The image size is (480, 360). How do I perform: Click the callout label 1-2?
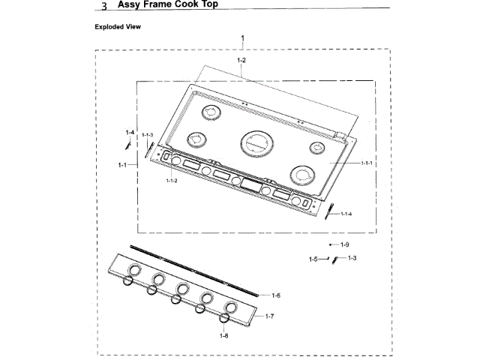241,59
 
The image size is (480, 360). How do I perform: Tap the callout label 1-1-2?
172,181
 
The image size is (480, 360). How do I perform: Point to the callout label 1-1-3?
147,134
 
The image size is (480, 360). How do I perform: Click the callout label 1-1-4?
346,214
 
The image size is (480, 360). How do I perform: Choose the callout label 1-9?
345,245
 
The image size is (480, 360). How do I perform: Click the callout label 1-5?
313,259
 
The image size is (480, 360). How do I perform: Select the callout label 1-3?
351,258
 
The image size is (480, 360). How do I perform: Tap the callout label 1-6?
276,295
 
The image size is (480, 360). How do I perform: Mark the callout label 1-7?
270,316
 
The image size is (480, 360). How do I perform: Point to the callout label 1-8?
223,336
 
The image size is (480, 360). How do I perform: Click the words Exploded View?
118,27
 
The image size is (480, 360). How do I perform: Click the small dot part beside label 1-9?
331,245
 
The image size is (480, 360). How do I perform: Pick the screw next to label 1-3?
336,259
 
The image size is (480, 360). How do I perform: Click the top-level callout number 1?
242,37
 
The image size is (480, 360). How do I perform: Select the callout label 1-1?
122,163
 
